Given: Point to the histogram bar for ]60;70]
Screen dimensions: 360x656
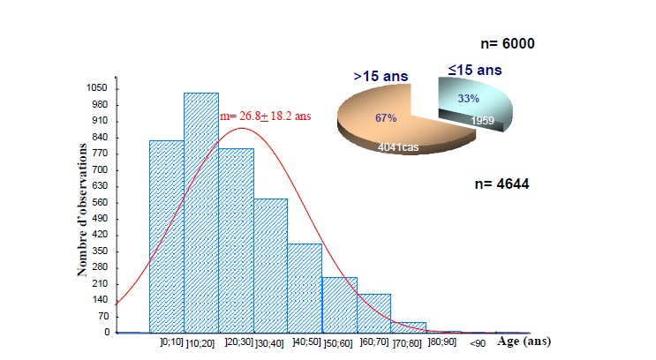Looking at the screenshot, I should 373,313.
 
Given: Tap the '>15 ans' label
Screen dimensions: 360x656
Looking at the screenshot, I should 381,78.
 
